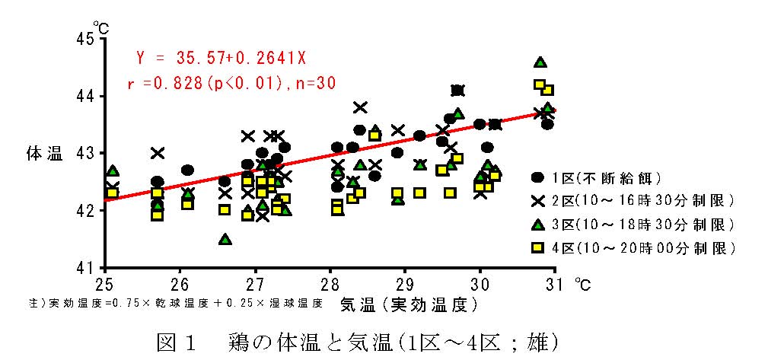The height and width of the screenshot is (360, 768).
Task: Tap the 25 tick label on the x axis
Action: coord(104,284)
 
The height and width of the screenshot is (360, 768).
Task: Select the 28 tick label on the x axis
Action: coord(330,284)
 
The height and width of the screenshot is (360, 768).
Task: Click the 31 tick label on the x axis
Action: coord(556,284)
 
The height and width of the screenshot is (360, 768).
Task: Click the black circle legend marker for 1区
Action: coord(538,177)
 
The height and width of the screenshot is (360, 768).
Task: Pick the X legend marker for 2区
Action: coord(538,201)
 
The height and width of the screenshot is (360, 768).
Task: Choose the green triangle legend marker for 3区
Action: coord(538,225)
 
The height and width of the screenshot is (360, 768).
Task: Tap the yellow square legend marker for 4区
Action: coord(538,247)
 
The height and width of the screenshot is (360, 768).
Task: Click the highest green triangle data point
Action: coord(540,62)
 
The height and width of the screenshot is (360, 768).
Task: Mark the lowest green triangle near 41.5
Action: coord(225,239)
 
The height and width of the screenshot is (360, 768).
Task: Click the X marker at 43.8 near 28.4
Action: coord(360,107)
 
